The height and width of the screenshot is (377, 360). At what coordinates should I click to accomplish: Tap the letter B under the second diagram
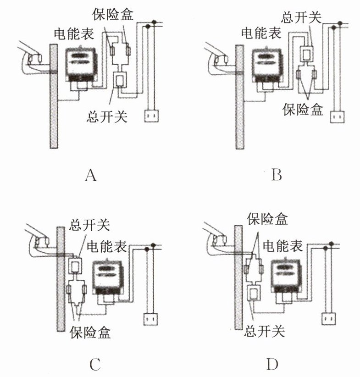[x=276, y=175]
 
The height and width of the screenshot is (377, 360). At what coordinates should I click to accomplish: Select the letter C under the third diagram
[x=94, y=365]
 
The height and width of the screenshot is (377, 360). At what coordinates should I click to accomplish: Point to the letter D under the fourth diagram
[x=272, y=365]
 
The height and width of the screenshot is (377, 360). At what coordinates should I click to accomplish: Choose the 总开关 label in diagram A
[x=106, y=117]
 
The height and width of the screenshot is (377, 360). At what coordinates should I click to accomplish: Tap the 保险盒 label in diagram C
[x=90, y=331]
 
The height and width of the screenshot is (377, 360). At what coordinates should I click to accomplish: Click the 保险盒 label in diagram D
[x=267, y=219]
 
